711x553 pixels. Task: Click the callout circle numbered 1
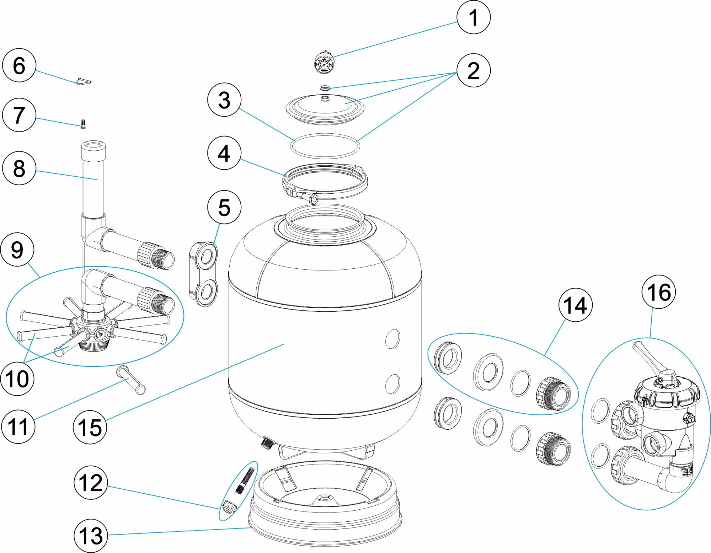473,17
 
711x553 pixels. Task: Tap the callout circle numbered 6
19,65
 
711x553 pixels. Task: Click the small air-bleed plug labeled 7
83,124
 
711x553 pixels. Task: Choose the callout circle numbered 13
91,536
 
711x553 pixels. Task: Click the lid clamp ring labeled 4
324,181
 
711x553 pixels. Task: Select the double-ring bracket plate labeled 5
204,274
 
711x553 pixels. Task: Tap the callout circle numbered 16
658,292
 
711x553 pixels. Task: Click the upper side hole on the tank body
392,339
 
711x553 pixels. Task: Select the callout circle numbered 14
575,305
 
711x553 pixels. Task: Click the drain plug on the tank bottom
267,443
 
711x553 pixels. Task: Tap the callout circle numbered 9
17,249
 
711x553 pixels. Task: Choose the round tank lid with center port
325,109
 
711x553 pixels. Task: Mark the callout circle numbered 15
90,427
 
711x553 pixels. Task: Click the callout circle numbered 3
224,100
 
